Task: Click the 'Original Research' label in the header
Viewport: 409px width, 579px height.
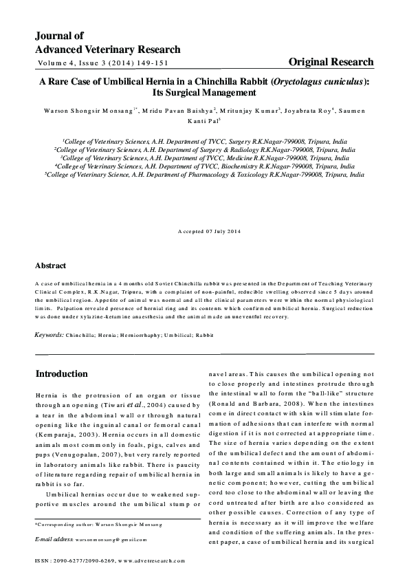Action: (x=331, y=62)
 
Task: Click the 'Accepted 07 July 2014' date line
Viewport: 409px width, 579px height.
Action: (x=204, y=229)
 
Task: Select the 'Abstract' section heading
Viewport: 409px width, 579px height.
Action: (x=51, y=265)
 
